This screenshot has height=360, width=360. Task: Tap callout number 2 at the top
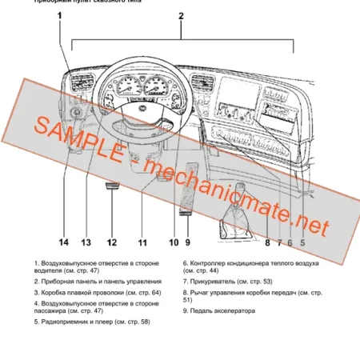181,16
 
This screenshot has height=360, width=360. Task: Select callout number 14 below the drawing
63,242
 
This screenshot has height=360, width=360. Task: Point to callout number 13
86,242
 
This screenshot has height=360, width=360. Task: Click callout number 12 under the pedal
112,242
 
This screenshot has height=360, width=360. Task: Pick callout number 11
142,242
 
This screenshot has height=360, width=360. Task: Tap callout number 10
173,242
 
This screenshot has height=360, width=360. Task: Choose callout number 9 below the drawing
187,242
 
